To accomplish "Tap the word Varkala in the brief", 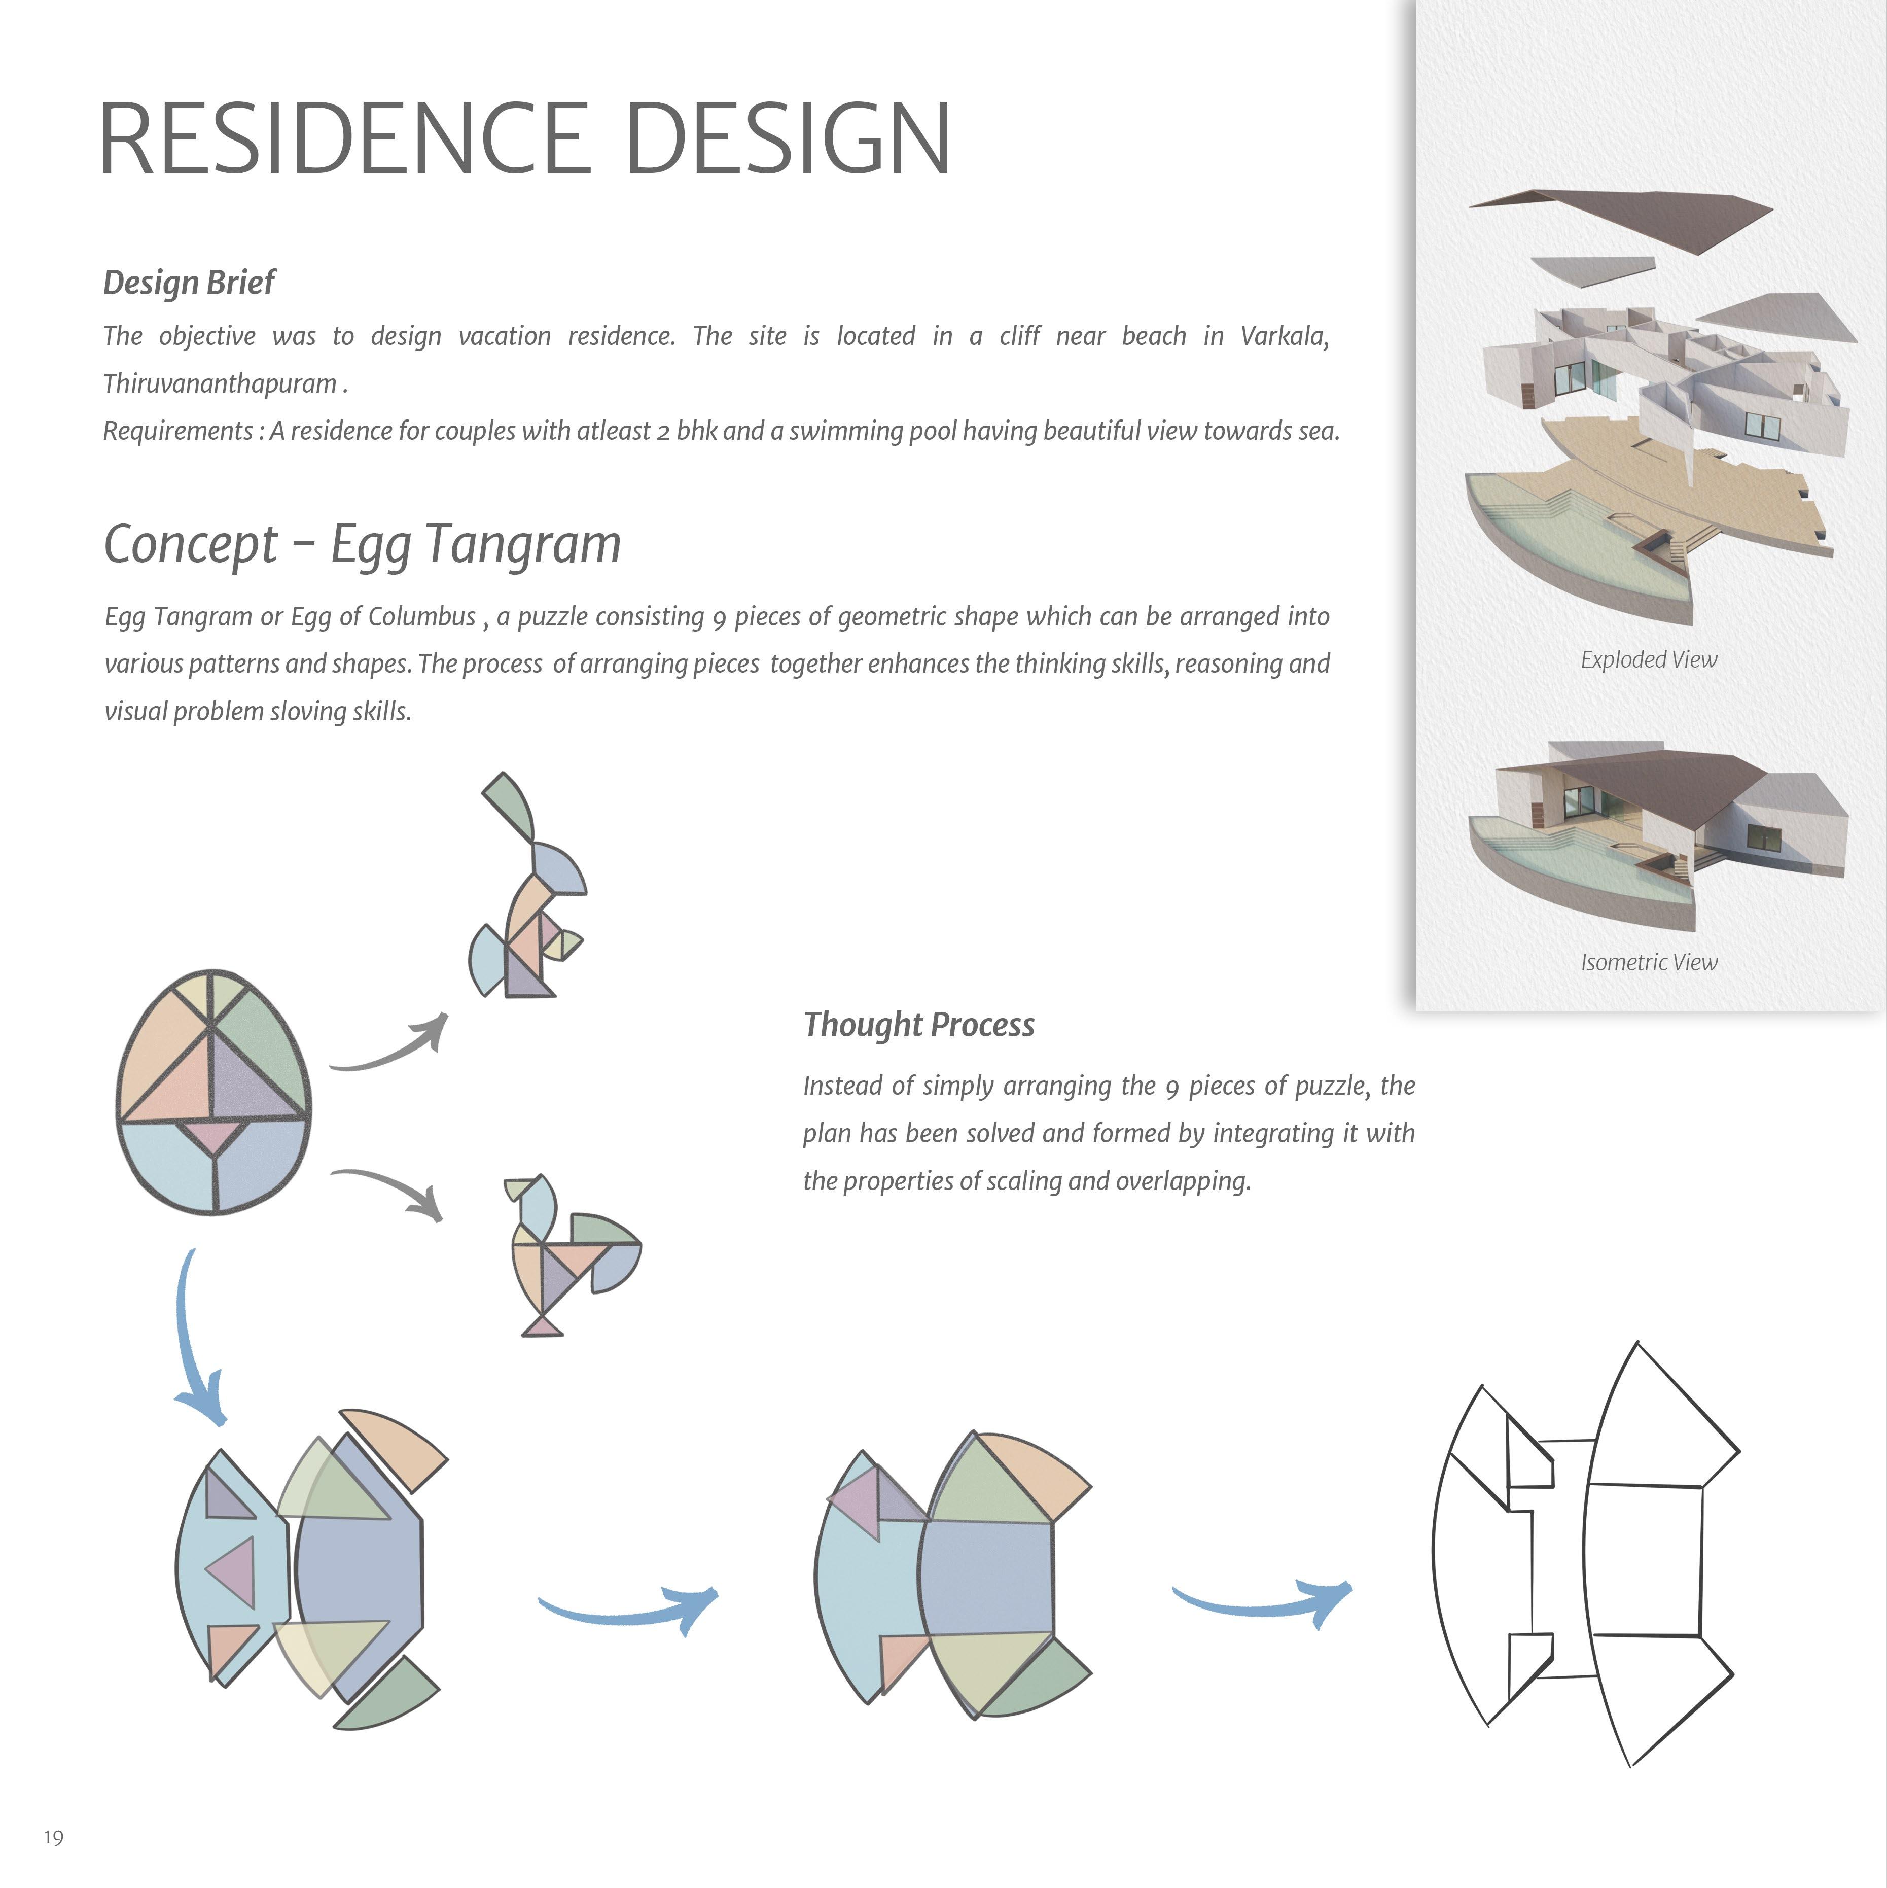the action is [1282, 336].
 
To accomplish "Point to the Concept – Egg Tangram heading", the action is [362, 544].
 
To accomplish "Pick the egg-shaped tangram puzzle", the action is [213, 1093].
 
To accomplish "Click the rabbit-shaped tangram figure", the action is [528, 889].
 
